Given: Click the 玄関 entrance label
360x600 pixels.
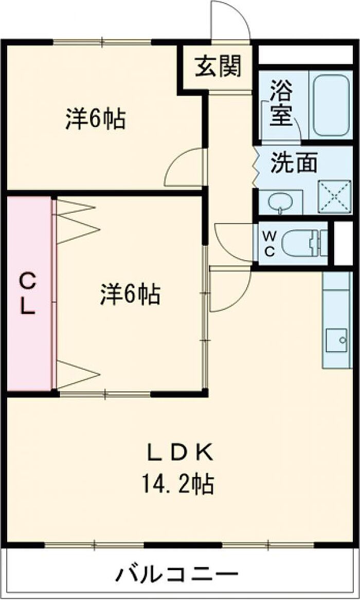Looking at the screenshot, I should coord(218,66).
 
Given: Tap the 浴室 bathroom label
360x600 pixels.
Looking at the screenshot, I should coord(281,105).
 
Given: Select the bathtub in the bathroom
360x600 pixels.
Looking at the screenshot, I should coord(331,105).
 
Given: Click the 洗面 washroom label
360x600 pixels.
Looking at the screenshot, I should coord(294,163).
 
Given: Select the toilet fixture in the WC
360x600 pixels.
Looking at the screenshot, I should coord(303,243).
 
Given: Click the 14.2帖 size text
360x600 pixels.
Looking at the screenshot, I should coord(178,484).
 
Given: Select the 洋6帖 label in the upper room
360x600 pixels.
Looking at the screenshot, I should coord(96,119).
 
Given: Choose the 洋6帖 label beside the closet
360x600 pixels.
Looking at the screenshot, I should coord(130,295).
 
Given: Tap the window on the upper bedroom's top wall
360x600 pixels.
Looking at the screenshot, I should coord(102,42).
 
